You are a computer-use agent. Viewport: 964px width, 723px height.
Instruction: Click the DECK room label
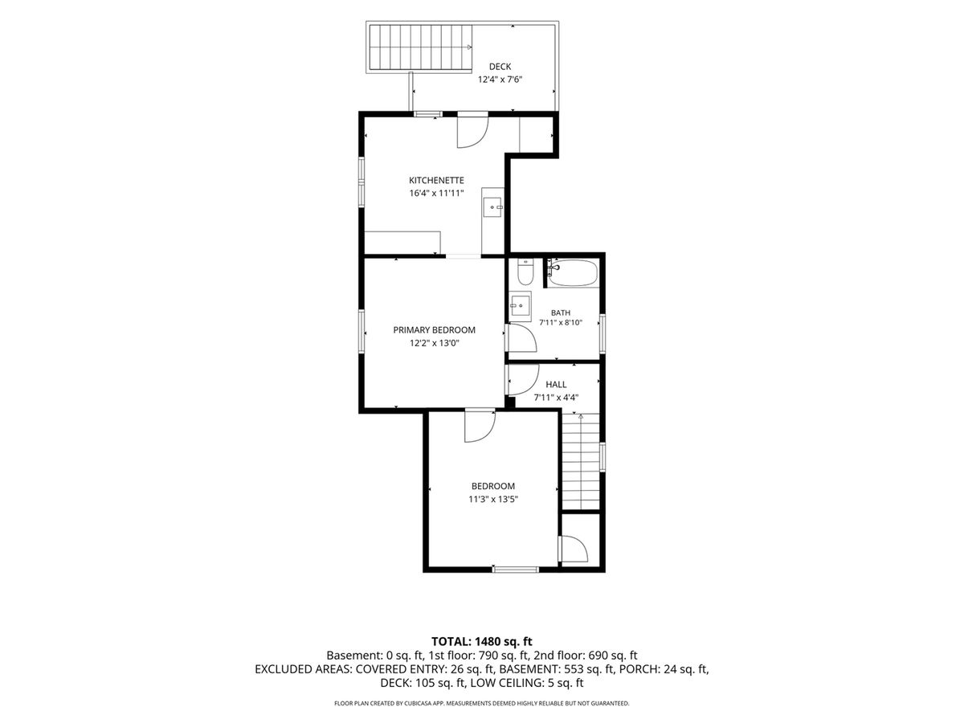coord(500,67)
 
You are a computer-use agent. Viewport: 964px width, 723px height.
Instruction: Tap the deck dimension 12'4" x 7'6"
coord(500,80)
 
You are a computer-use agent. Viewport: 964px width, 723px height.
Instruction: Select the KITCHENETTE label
coord(436,181)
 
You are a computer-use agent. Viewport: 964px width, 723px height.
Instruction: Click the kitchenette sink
coord(493,206)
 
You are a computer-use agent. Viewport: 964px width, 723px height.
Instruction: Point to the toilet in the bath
coord(525,272)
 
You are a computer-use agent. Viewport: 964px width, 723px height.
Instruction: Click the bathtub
coord(573,273)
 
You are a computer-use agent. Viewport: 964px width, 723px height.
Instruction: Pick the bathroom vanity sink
coord(521,306)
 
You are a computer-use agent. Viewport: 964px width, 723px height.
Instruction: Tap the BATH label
coord(561,313)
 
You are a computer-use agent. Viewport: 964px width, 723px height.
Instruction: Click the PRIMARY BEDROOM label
coord(434,330)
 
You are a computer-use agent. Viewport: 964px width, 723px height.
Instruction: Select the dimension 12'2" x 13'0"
coord(434,343)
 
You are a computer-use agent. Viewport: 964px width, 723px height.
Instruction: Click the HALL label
coord(556,385)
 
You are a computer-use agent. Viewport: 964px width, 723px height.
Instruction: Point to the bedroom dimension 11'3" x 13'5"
coord(493,499)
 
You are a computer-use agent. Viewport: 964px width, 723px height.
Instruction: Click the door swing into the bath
coord(523,338)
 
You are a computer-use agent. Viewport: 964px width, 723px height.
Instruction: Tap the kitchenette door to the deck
coord(472,132)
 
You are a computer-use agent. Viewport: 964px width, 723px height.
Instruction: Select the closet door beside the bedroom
coord(574,549)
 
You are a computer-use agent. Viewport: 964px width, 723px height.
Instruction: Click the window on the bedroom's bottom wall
coord(515,570)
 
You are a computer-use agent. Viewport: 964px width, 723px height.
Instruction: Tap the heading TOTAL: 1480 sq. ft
coord(482,642)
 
